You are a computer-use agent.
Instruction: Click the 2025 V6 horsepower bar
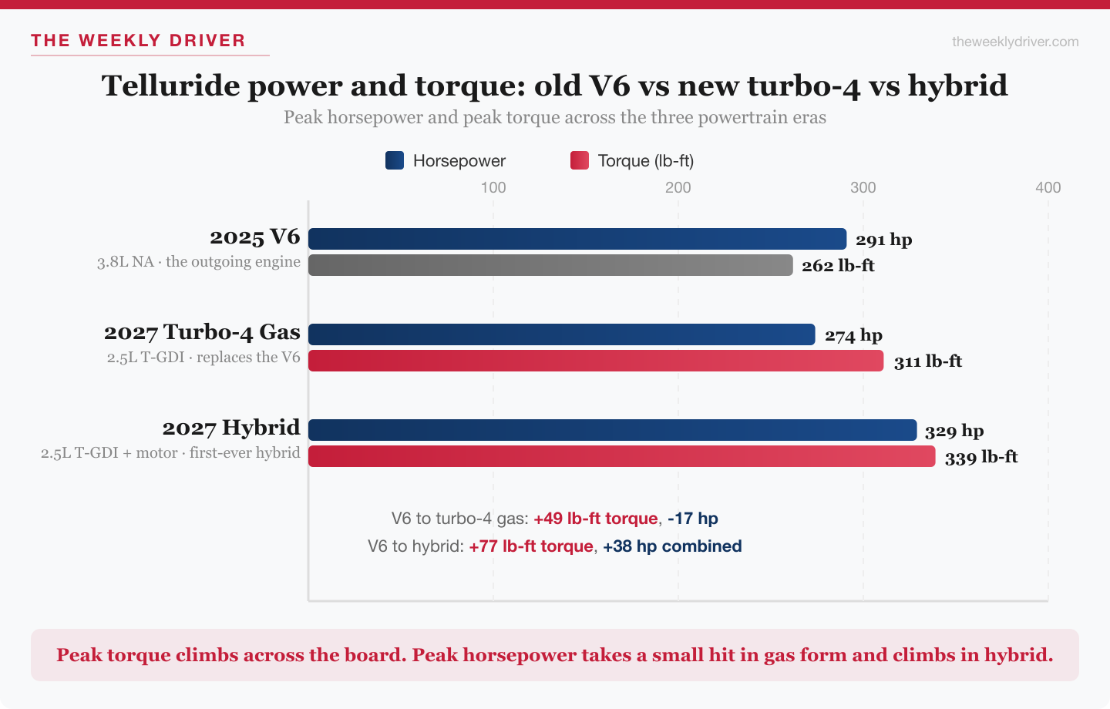point(577,239)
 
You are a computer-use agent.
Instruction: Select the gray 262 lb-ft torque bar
point(550,265)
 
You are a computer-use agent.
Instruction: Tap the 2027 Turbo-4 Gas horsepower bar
point(561,334)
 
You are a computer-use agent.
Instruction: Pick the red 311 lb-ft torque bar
point(596,361)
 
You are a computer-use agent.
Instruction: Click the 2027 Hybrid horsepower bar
point(612,430)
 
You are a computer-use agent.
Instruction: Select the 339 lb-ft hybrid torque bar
point(621,456)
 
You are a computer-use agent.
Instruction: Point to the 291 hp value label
point(883,240)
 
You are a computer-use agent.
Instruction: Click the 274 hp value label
point(853,335)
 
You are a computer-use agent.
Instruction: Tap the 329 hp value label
point(954,431)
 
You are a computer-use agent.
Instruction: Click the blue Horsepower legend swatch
point(395,160)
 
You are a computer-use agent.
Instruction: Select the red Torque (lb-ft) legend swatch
point(580,160)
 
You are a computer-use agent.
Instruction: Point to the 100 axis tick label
point(493,187)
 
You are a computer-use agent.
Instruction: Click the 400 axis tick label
point(1048,187)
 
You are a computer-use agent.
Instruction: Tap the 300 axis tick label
point(863,187)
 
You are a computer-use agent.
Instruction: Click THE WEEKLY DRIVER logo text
point(138,41)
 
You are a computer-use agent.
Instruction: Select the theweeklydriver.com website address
point(1015,42)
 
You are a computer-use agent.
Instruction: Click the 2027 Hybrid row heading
point(231,428)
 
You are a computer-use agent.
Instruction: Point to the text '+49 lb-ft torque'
point(595,519)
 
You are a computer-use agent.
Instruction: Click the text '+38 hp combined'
point(672,546)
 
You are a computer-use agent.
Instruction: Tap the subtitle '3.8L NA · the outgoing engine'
point(199,262)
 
